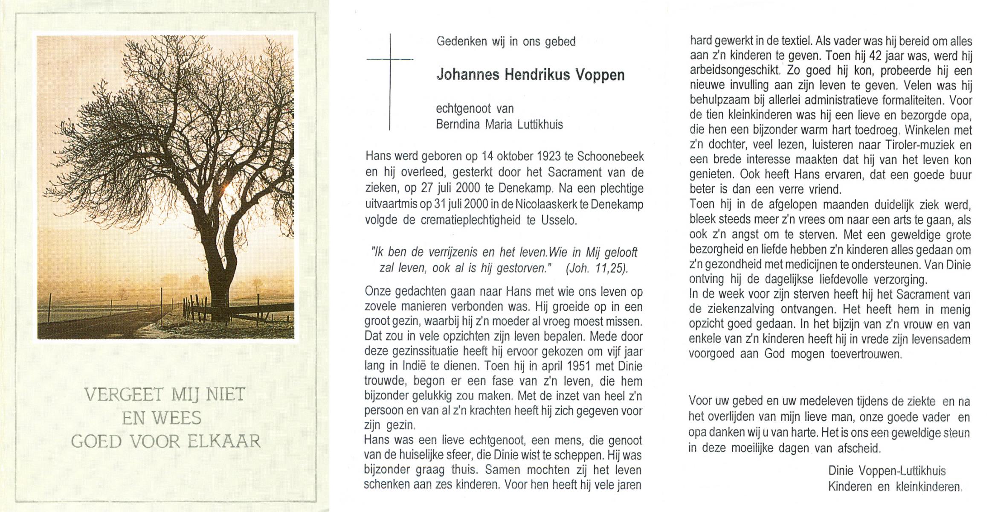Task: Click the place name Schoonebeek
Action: point(610,157)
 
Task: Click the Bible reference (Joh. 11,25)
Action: point(597,269)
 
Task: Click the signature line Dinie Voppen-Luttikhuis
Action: point(887,471)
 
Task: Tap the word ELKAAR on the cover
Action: point(224,442)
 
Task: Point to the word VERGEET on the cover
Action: point(124,395)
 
